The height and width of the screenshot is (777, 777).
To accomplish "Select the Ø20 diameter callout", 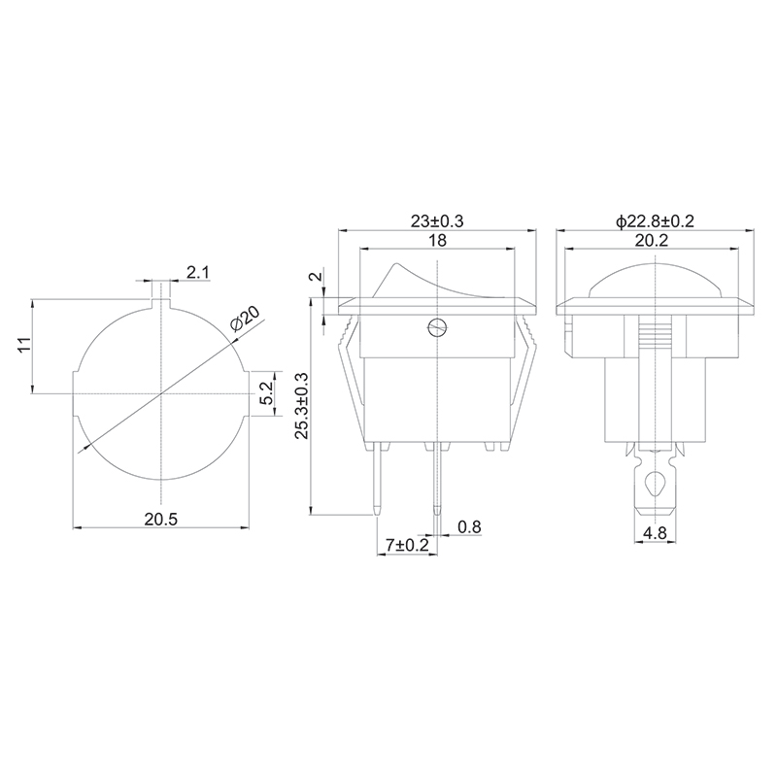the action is click(246, 320).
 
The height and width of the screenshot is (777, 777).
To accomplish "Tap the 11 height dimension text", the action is click(24, 345).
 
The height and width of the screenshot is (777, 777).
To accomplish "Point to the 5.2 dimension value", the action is click(265, 393).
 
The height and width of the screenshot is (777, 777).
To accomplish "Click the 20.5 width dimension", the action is click(161, 520).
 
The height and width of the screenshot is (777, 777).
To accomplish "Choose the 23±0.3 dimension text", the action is click(437, 221).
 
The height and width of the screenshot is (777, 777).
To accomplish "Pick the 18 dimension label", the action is click(437, 240).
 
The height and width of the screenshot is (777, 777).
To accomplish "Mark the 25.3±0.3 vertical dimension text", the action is click(302, 406).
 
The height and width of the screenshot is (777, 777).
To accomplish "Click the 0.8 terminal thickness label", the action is click(469, 526).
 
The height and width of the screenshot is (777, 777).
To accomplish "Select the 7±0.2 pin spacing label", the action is click(407, 546).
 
